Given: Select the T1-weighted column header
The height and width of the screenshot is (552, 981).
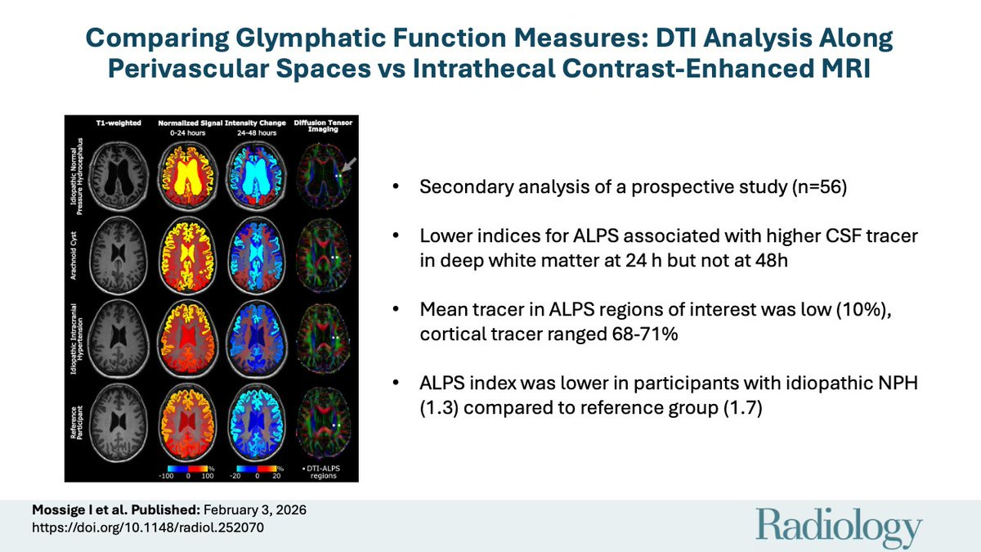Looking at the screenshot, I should [120, 123].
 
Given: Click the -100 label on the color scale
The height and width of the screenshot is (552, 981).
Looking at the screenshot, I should [167, 473].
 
